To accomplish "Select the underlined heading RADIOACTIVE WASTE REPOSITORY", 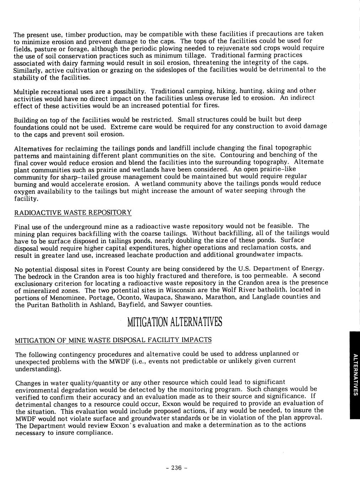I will point(73,212).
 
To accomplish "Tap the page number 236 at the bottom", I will point(176,467).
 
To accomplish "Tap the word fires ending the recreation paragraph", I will point(212,105).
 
